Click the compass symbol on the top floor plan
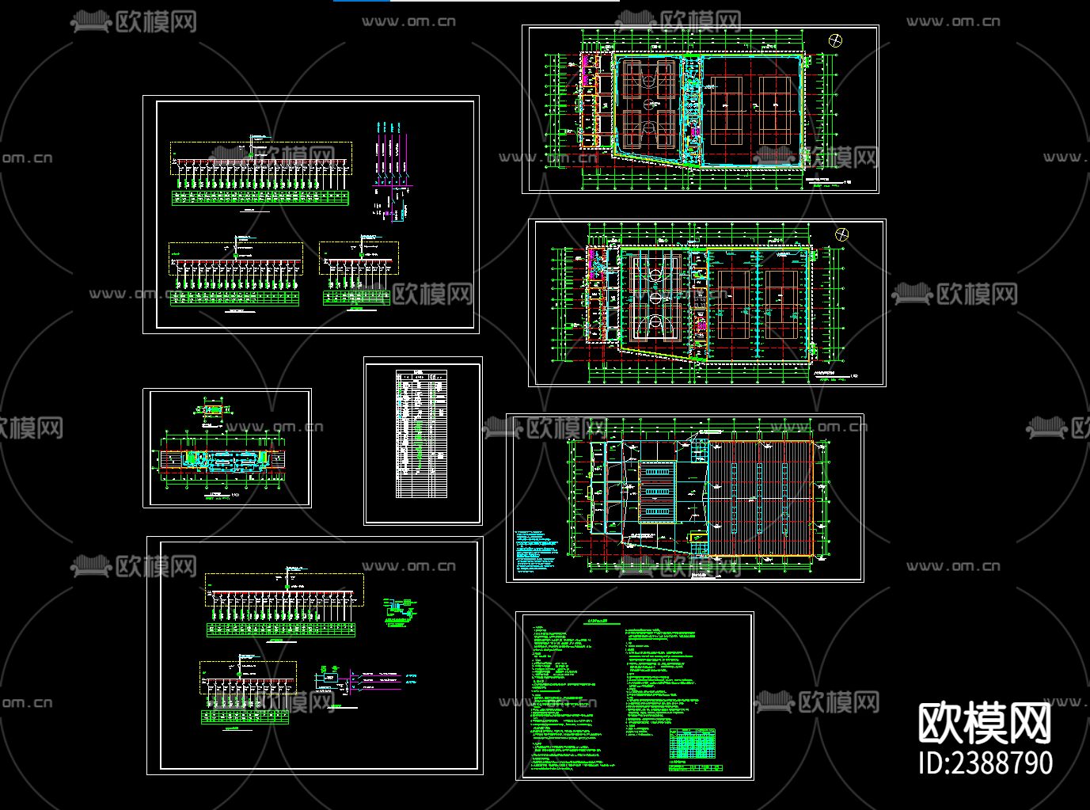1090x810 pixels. click(835, 40)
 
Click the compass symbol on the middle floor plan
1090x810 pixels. click(842, 234)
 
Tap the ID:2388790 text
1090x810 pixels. click(986, 762)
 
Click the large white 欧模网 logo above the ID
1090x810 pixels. click(985, 722)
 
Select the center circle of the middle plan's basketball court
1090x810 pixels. click(655, 298)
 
